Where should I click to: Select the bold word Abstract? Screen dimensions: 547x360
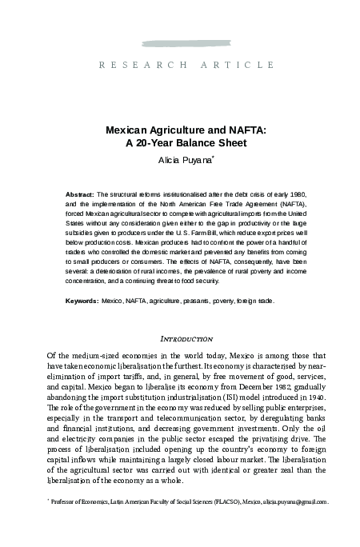pyautogui.click(x=79, y=194)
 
